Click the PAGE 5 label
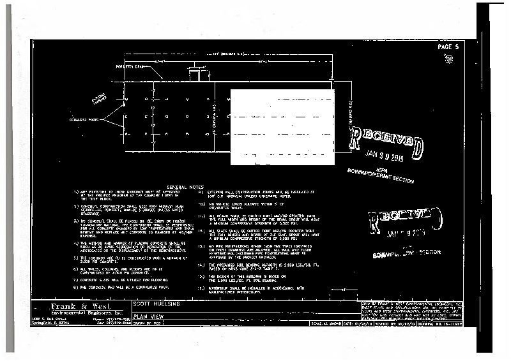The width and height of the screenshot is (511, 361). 448,47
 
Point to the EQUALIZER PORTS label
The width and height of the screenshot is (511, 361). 84,119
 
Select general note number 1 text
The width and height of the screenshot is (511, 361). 119,195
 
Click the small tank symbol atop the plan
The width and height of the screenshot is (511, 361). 193,75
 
